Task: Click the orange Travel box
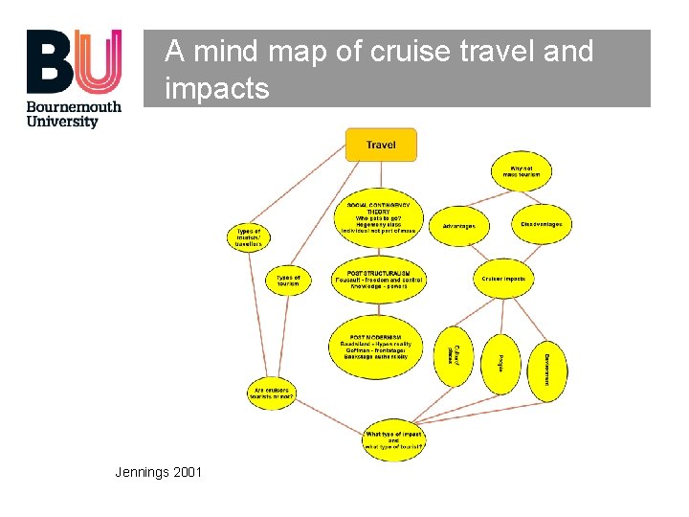click(380, 145)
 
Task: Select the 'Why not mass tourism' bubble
click(522, 172)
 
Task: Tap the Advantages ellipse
click(458, 226)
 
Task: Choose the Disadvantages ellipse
click(541, 224)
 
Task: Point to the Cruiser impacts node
click(503, 279)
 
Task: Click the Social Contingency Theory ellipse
click(379, 219)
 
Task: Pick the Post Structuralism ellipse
click(379, 279)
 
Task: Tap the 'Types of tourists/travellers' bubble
click(249, 237)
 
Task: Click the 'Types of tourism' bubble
click(288, 280)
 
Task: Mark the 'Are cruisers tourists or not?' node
click(272, 392)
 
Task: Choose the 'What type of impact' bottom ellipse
click(393, 439)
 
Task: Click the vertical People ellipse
click(500, 364)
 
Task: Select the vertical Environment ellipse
click(547, 369)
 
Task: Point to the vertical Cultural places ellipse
click(453, 356)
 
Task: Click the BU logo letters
click(74, 61)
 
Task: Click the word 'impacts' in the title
click(217, 88)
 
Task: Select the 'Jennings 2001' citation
click(158, 472)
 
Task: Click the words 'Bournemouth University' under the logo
click(74, 114)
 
